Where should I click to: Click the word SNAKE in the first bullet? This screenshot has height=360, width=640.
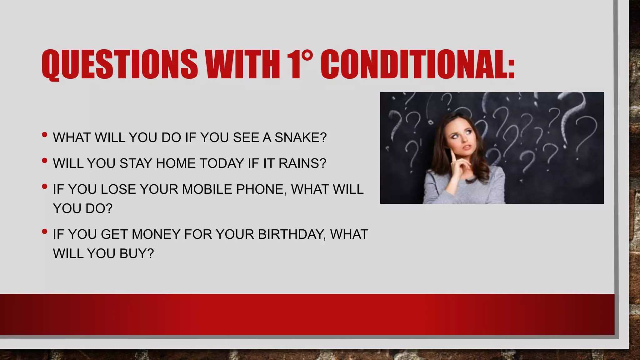point(300,137)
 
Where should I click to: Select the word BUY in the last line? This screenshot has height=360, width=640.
point(137,253)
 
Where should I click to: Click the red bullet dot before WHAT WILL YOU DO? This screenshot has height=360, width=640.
point(44,135)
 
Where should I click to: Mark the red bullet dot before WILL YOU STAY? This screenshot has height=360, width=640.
point(44,161)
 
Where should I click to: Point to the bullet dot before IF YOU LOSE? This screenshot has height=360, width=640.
point(44,187)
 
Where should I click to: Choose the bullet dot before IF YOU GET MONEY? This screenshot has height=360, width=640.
point(44,232)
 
